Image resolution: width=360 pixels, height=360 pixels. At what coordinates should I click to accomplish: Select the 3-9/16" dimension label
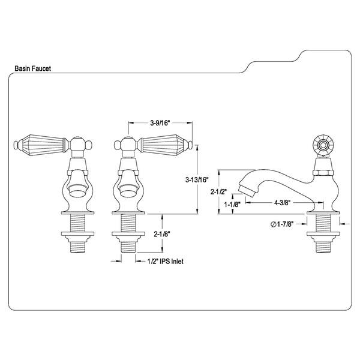coord(160,122)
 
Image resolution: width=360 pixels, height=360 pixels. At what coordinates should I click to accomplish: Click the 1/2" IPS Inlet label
coord(163,260)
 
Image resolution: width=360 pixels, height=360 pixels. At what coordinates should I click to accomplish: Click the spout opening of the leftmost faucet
coord(76,191)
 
